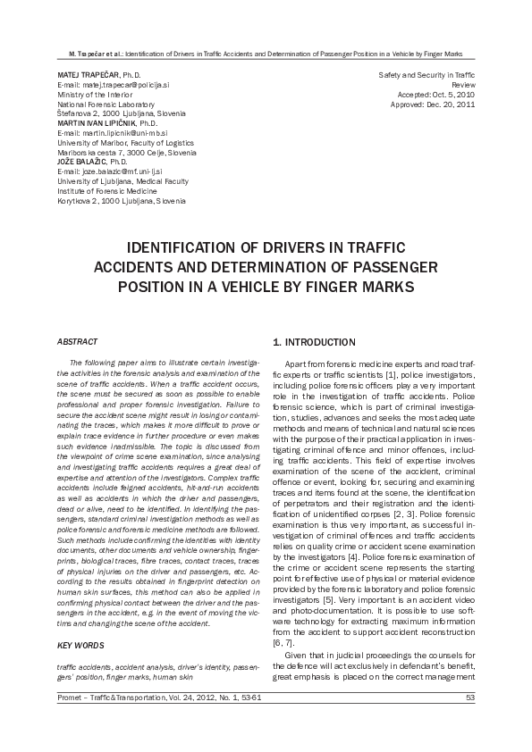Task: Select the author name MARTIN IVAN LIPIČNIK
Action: click(x=101, y=124)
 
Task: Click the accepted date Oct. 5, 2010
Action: click(x=450, y=95)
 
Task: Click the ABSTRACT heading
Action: click(x=77, y=342)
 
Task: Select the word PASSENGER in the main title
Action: click(x=381, y=267)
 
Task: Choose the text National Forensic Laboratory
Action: click(x=106, y=104)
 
